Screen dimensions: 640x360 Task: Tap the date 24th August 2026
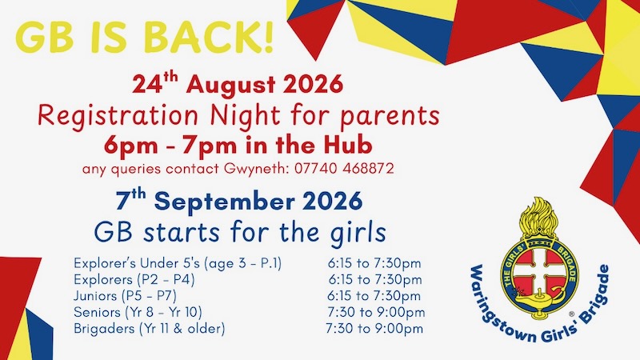238,84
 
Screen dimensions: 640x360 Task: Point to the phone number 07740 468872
344,169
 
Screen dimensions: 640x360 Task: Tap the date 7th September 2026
239,201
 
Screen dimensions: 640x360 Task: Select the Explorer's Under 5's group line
178,264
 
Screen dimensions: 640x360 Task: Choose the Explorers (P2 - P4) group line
134,280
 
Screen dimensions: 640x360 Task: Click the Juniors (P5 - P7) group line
125,296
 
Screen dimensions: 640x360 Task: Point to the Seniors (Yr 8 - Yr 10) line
138,312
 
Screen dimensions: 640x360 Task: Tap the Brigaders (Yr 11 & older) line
150,329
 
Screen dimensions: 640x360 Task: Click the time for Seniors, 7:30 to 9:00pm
376,312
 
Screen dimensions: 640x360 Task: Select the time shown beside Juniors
374,296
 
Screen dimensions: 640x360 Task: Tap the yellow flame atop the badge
538,217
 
